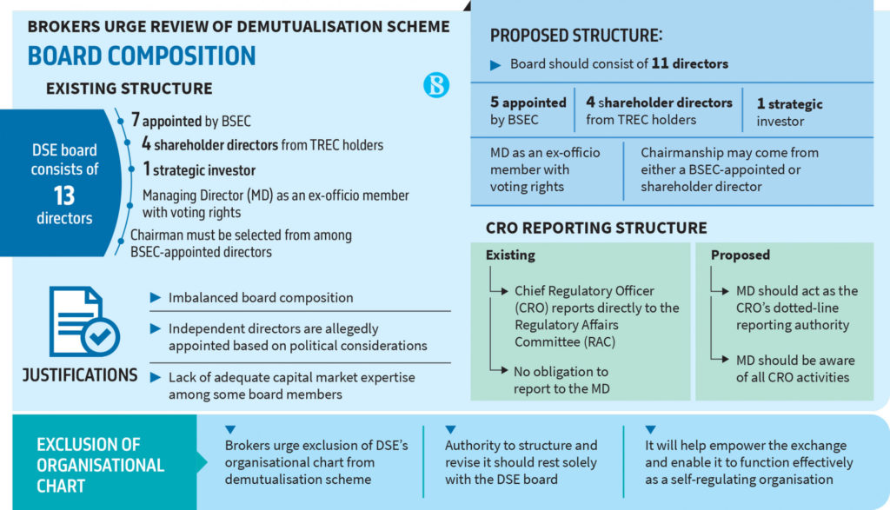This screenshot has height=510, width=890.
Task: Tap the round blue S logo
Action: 436,84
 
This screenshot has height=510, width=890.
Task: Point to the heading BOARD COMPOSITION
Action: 142,56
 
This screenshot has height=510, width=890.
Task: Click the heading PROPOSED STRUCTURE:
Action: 575,36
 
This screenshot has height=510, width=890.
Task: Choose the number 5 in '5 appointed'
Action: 495,103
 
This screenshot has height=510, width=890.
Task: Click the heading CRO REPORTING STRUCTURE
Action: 595,229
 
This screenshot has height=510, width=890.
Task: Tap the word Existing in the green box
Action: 510,255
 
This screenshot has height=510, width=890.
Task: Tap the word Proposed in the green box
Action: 740,255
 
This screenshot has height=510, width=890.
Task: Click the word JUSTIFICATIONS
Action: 80,375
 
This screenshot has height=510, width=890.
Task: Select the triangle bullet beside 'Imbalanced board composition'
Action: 156,297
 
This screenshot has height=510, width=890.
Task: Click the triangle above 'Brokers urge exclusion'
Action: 230,429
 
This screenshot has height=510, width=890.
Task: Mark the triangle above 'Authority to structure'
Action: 450,429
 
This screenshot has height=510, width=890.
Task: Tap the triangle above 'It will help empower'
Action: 650,429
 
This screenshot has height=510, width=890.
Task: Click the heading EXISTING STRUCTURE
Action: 129,88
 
